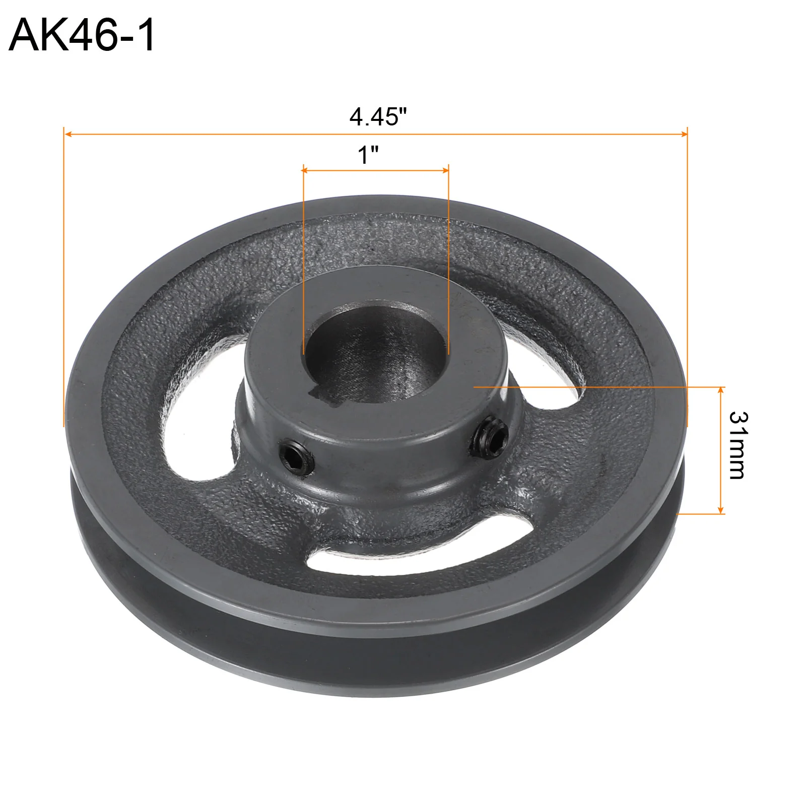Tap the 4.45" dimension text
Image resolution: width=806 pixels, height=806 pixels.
tap(378, 117)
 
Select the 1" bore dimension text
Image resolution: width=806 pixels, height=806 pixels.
tap(368, 155)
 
